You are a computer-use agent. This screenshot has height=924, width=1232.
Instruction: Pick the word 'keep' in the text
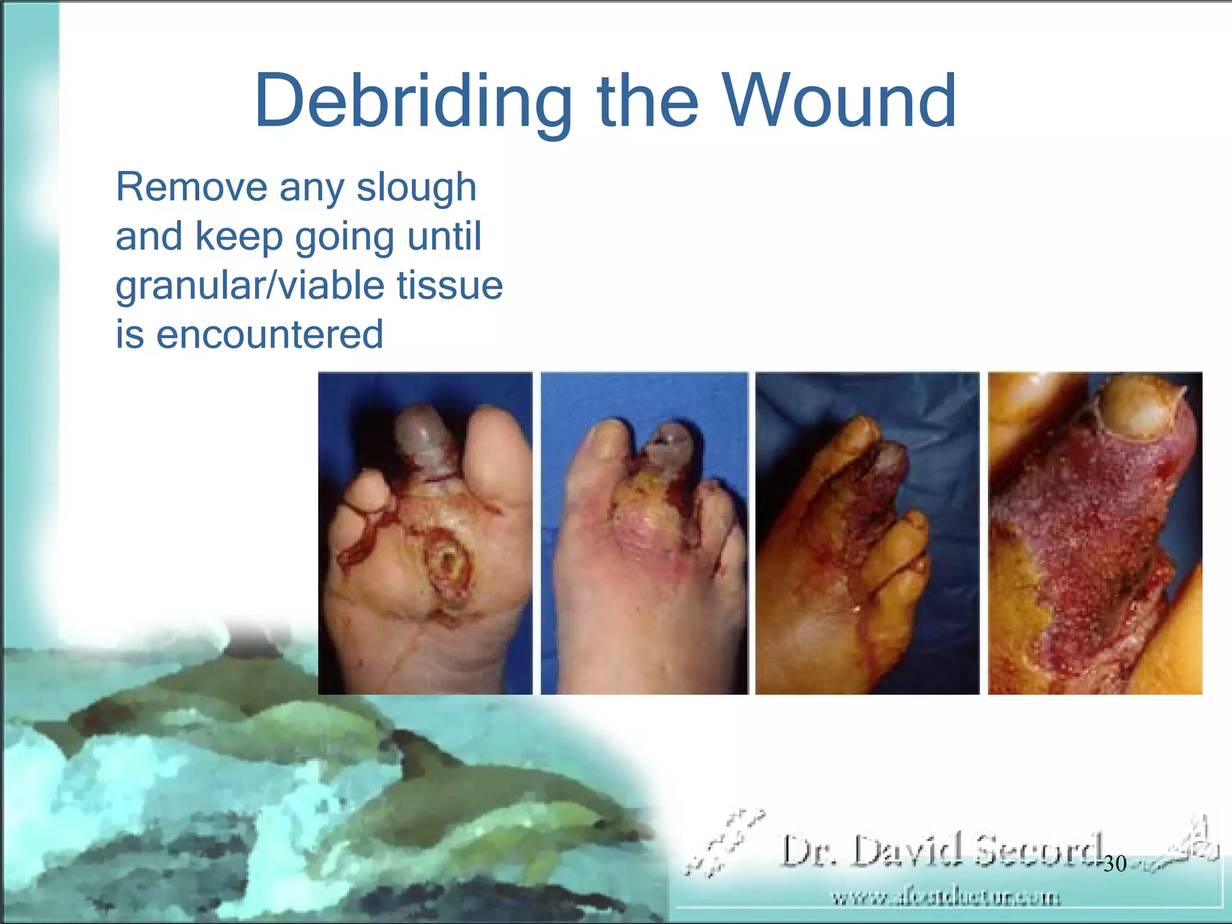click(x=239, y=236)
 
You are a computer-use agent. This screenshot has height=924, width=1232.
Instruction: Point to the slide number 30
click(x=1115, y=864)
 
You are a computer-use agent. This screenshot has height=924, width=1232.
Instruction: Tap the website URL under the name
click(x=946, y=898)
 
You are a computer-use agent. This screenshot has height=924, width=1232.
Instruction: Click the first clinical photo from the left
click(x=425, y=533)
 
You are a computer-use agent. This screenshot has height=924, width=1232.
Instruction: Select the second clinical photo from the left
click(x=644, y=533)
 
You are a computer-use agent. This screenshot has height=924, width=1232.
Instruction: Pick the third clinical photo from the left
click(x=867, y=533)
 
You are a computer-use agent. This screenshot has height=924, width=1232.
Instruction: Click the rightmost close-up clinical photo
click(x=1095, y=533)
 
